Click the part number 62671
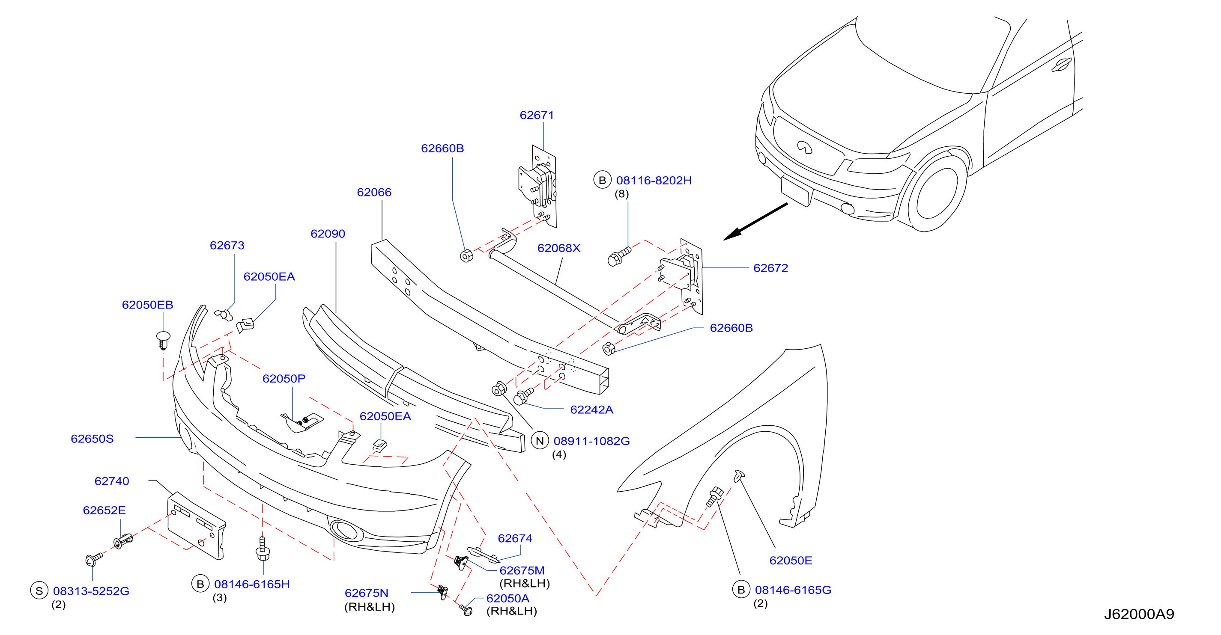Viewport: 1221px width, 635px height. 537,115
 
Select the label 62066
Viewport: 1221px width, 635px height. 374,192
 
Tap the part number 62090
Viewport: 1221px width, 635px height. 328,234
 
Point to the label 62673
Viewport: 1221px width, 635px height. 227,245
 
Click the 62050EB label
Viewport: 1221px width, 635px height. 147,305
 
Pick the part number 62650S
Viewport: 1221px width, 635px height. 92,439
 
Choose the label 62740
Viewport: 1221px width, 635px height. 112,481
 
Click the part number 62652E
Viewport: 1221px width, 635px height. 104,510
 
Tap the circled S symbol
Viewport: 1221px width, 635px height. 39,591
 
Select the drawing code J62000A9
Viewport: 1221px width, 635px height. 1139,614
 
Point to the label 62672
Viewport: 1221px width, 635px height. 771,268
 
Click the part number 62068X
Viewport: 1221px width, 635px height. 559,248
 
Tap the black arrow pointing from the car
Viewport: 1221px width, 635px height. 755,222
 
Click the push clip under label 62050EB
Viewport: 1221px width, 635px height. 163,340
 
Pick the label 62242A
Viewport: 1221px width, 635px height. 591,409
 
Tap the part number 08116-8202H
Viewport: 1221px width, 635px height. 654,181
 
